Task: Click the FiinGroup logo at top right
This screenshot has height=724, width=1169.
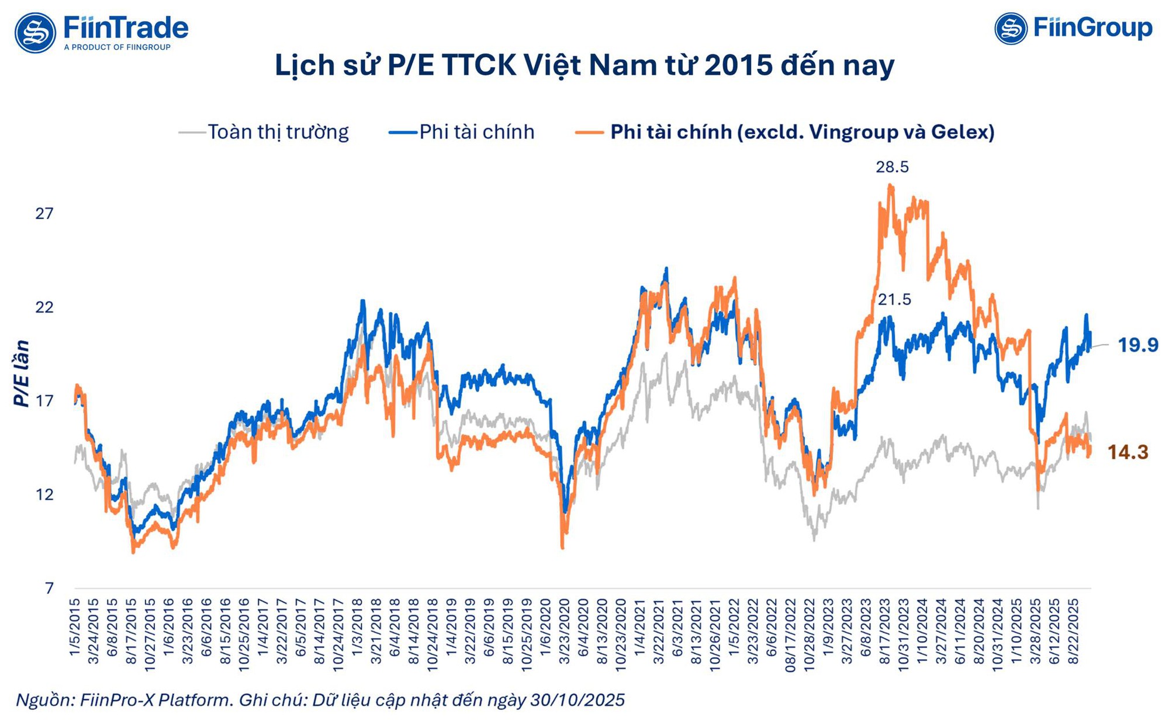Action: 1073,28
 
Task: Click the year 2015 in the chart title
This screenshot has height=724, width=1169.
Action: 738,65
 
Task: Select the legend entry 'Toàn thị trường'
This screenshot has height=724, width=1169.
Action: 278,132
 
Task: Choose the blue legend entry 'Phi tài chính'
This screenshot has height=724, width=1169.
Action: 476,132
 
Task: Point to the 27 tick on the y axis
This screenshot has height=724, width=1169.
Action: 44,213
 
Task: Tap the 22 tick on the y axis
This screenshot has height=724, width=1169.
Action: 44,307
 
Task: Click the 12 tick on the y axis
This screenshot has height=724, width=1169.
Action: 44,495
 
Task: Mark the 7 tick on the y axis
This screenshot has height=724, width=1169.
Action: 49,588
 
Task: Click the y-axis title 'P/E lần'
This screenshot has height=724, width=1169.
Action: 22,373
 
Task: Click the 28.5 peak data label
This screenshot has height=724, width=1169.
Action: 892,167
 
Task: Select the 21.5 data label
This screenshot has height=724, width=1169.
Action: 894,300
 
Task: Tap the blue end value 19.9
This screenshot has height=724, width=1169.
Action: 1137,345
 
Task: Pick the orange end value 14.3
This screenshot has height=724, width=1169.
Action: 1128,452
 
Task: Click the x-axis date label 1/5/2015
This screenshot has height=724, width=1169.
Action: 75,627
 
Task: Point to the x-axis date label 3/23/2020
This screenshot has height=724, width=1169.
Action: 564,631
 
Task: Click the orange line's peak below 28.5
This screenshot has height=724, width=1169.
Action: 890,186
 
